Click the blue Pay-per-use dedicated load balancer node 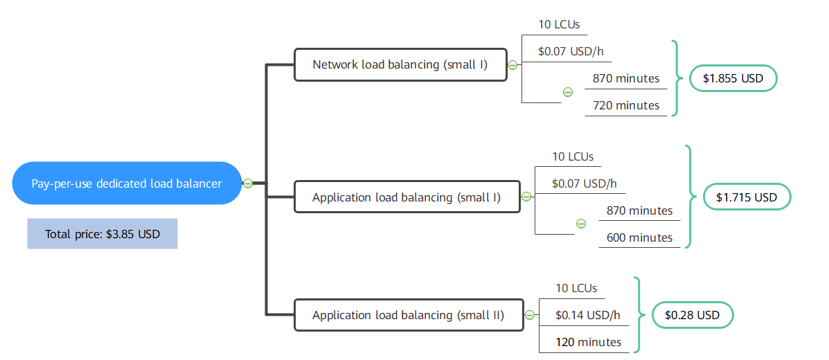pyautogui.click(x=127, y=183)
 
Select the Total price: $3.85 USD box pyautogui.click(x=102, y=234)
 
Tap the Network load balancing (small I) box pyautogui.click(x=400, y=65)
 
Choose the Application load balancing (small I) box pyautogui.click(x=407, y=197)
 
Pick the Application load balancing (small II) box pyautogui.click(x=409, y=316)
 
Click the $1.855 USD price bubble pyautogui.click(x=733, y=78)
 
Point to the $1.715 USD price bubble pyautogui.click(x=747, y=197)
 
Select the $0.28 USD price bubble pyautogui.click(x=692, y=315)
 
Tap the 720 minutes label pyautogui.click(x=626, y=105)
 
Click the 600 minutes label pyautogui.click(x=639, y=237)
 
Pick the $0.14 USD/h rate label pyautogui.click(x=588, y=315)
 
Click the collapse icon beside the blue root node pyautogui.click(x=248, y=183)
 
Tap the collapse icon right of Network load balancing pyautogui.click(x=512, y=65)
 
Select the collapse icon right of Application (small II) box pyautogui.click(x=530, y=316)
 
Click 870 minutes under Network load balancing pyautogui.click(x=626, y=78)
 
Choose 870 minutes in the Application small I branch pyautogui.click(x=639, y=210)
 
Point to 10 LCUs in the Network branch pyautogui.click(x=560, y=24)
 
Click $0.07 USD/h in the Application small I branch pyautogui.click(x=585, y=183)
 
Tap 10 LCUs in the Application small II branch pyautogui.click(x=576, y=288)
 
